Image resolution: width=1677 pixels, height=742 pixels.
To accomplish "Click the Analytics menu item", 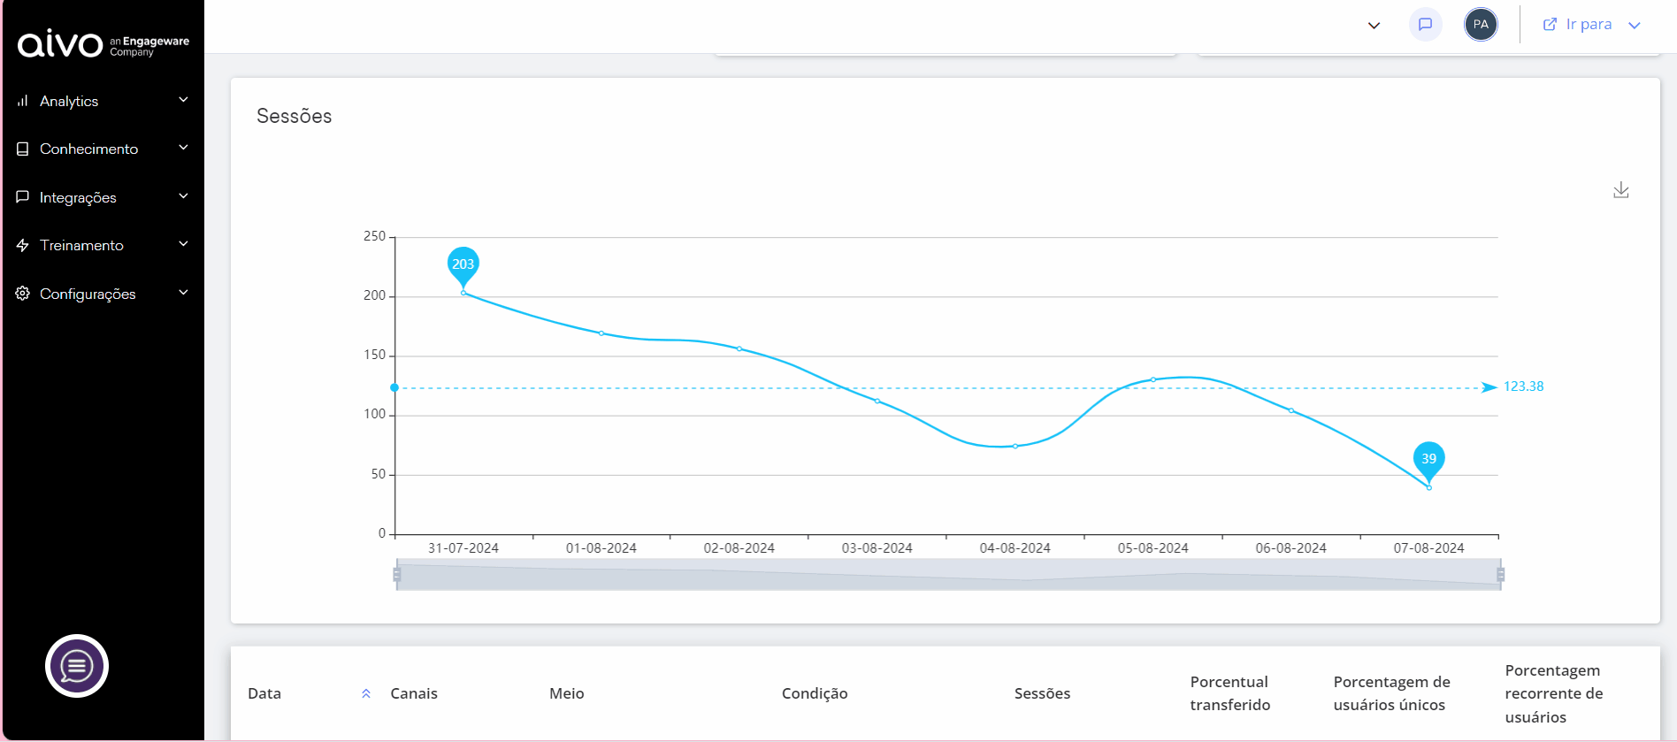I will [x=69, y=101].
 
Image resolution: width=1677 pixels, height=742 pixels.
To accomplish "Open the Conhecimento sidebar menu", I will [x=88, y=149].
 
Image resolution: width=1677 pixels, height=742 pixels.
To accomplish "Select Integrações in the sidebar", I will [x=78, y=197].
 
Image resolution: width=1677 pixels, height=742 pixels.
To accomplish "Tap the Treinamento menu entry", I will [x=81, y=245].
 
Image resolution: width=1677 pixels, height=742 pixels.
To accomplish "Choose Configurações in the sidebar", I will [x=88, y=294].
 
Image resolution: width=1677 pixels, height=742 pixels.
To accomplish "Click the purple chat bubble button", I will [x=77, y=666].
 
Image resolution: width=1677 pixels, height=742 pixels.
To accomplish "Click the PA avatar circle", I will [x=1481, y=25].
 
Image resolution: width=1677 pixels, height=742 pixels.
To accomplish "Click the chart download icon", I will [x=1620, y=190].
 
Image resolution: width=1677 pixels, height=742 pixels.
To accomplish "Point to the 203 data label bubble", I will [x=463, y=264].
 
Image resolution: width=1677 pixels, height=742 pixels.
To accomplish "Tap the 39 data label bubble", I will [x=1428, y=458].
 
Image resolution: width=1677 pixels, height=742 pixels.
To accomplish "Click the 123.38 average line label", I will [x=1523, y=386].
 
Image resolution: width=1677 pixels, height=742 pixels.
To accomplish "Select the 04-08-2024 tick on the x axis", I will [x=1015, y=548].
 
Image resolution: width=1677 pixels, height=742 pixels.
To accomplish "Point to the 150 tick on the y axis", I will [x=375, y=356].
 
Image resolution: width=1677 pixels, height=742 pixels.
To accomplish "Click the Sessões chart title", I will [x=295, y=116].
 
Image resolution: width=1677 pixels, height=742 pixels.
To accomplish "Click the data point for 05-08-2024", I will [x=1153, y=379].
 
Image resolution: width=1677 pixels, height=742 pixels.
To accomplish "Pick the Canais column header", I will [x=414, y=693].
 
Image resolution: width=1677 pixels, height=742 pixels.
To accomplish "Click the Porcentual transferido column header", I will [x=1229, y=693].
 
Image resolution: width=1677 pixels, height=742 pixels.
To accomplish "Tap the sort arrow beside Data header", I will [x=366, y=693].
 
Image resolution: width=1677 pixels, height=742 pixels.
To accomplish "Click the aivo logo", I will [x=60, y=42].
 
